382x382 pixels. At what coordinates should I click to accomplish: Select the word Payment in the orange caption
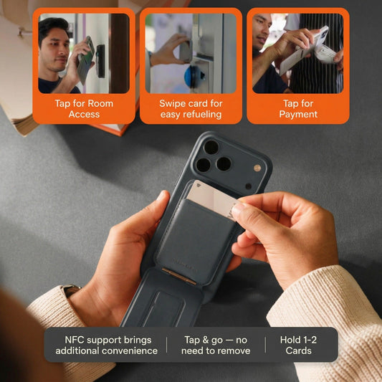tap(298, 114)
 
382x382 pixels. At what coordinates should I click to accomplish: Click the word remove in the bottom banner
tap(234, 350)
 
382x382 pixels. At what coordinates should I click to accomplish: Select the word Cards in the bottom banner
tap(298, 350)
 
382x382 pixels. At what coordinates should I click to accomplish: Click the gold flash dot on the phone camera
tap(257, 168)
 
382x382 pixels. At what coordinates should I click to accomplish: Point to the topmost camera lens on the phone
tap(211, 148)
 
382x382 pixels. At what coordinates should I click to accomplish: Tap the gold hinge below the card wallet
tap(179, 276)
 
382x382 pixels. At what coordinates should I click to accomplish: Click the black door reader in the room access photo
tap(100, 61)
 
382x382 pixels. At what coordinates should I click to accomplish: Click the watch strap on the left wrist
tap(72, 290)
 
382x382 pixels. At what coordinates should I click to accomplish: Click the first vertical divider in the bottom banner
tap(167, 345)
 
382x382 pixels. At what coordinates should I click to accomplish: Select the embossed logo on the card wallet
tap(184, 264)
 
